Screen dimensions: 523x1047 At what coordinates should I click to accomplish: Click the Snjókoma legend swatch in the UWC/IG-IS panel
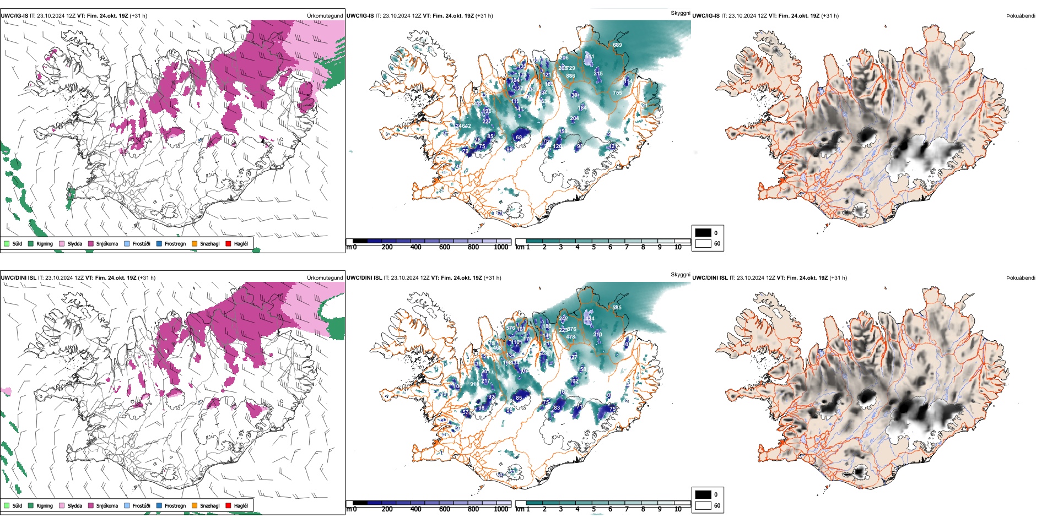click(91, 243)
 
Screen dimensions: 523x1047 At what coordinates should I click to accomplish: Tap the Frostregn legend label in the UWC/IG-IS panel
click(175, 243)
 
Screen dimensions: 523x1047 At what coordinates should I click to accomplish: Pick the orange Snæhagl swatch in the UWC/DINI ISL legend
click(195, 505)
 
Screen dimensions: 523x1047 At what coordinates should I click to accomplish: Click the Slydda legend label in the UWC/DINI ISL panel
click(74, 505)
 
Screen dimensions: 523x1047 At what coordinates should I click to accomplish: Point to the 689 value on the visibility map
click(617, 45)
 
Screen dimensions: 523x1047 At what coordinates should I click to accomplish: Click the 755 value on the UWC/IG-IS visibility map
click(617, 93)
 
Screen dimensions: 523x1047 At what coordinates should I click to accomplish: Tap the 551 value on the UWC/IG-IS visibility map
click(590, 57)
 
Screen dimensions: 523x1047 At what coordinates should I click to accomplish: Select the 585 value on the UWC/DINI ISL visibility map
click(617, 308)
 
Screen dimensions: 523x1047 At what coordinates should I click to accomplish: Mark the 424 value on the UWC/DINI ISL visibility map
click(590, 319)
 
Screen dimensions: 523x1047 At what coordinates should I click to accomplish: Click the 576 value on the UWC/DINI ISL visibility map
click(510, 328)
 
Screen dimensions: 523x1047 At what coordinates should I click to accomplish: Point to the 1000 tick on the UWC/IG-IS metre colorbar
click(501, 247)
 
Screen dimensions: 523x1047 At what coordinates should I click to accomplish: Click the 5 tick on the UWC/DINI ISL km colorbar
click(593, 509)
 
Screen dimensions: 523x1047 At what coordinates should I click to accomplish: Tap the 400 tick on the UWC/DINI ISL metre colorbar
click(415, 509)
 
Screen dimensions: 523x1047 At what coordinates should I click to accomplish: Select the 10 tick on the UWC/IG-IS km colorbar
click(678, 247)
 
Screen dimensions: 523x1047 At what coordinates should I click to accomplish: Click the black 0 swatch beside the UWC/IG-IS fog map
click(703, 233)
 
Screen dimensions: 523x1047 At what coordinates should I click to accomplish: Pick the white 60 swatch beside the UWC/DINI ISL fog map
click(703, 505)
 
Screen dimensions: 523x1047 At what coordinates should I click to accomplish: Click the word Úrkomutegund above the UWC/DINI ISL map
click(325, 278)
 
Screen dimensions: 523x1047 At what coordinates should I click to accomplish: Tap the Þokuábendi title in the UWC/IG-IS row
click(1021, 16)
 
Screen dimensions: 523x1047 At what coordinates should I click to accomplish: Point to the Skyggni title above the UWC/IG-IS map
click(680, 13)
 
